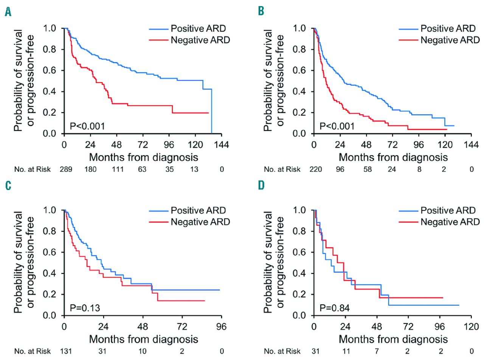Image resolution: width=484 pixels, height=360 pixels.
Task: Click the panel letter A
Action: (x=8, y=12)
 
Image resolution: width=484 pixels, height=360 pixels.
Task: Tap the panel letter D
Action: (x=261, y=185)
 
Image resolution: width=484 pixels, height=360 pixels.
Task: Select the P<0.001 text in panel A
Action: (x=87, y=126)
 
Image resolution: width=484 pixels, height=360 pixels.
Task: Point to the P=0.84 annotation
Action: (x=334, y=308)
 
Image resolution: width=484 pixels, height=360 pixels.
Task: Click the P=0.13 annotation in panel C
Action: (x=85, y=308)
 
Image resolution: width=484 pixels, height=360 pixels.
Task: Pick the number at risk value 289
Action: (x=66, y=169)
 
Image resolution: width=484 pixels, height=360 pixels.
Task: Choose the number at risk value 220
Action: (x=316, y=169)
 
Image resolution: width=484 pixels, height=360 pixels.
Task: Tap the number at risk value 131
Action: (x=66, y=351)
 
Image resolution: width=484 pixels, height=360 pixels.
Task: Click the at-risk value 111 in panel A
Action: (x=118, y=169)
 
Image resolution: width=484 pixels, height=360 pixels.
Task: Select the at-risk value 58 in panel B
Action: (x=368, y=169)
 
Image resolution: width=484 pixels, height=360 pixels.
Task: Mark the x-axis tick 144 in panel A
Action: (x=222, y=145)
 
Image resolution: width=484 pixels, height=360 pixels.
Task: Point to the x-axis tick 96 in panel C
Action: (x=222, y=327)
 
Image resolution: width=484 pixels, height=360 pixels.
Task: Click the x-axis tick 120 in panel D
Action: (x=471, y=327)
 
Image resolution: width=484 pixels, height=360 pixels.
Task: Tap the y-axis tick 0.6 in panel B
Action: (x=299, y=70)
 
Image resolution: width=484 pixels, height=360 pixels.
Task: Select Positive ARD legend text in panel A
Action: (x=198, y=29)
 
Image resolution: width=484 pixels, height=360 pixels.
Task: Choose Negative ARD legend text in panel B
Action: (x=450, y=40)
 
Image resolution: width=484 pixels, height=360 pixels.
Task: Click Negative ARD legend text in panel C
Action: (x=200, y=222)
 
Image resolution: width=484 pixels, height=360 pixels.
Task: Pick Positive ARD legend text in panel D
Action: (x=448, y=210)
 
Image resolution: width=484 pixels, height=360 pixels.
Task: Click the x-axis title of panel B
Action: (x=393, y=157)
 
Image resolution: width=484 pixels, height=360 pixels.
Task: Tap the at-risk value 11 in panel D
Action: (x=346, y=351)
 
